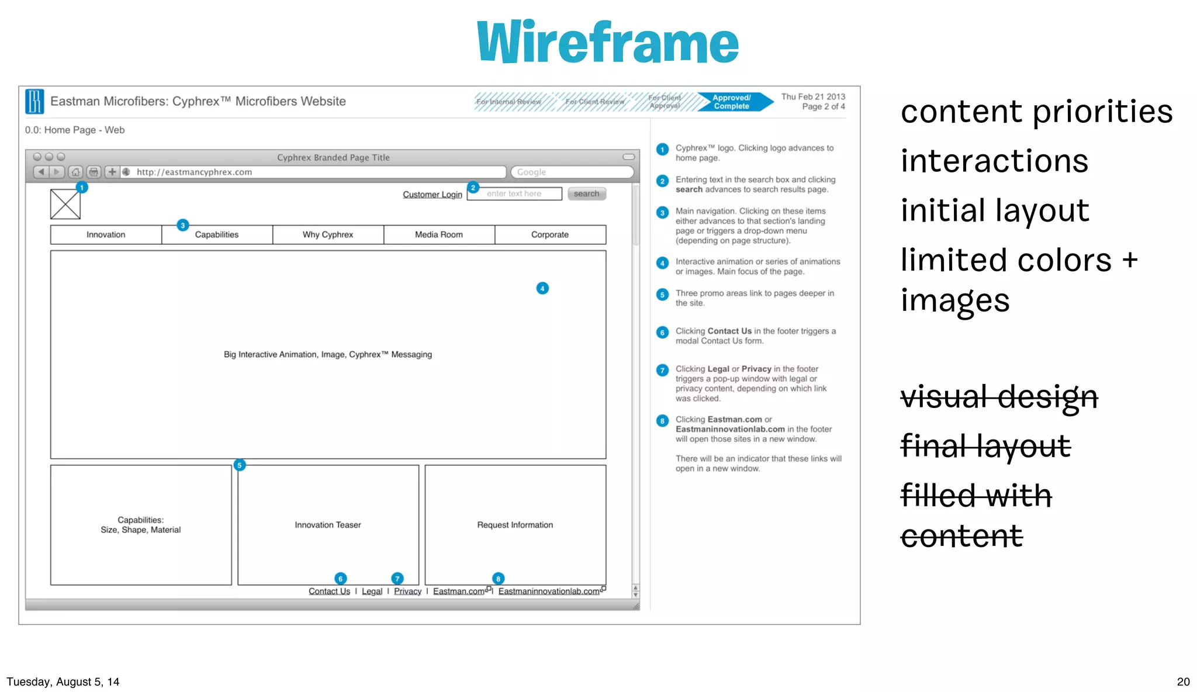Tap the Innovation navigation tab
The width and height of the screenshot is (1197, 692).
tap(106, 234)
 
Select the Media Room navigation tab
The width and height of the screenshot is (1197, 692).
tap(438, 234)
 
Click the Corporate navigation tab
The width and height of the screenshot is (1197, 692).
tap(549, 234)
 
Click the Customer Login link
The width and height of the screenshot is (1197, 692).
tap(432, 194)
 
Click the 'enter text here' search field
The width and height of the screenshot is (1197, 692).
tap(514, 193)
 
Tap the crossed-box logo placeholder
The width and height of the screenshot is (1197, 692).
tap(65, 205)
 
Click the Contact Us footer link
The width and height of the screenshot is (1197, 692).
tap(329, 591)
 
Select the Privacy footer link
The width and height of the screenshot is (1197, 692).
tap(407, 591)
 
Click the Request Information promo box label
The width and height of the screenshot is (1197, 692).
tap(514, 525)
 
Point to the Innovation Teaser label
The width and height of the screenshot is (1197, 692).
tap(327, 525)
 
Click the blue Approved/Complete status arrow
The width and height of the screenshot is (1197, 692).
tap(734, 102)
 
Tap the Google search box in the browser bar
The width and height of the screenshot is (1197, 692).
tap(572, 172)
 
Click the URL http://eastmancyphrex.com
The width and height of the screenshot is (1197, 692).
tap(194, 172)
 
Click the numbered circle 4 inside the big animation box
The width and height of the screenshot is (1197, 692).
tap(542, 288)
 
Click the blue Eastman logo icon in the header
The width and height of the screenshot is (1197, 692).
tap(34, 101)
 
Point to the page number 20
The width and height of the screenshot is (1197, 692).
tap(1183, 681)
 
